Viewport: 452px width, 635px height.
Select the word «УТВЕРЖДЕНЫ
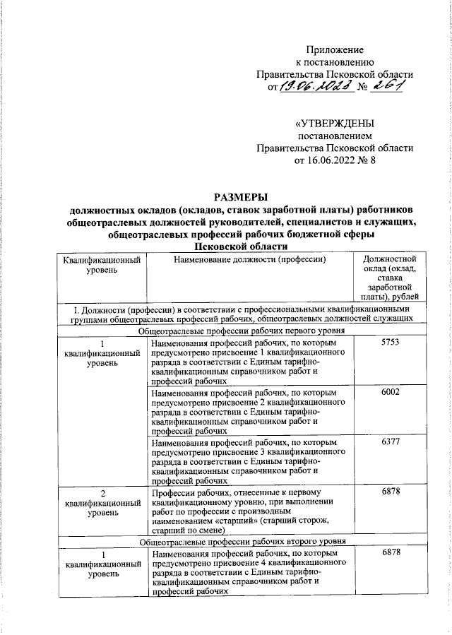pyautogui.click(x=334, y=122)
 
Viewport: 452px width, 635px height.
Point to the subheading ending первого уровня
pyautogui.click(x=242, y=330)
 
